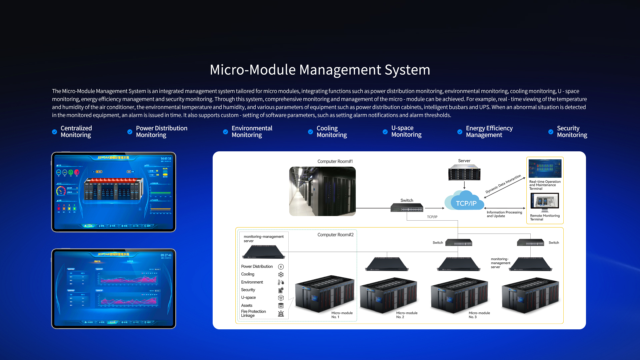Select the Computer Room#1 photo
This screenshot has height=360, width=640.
coord(322,191)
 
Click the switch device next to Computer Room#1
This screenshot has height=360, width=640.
coord(407,208)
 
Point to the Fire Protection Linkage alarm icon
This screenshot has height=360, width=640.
coord(281,313)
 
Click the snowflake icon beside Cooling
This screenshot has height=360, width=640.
coord(281,274)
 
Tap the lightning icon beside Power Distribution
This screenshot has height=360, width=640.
coord(281,267)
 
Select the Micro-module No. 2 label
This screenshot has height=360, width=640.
coord(407,315)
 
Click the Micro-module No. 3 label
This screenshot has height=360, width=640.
coord(479,315)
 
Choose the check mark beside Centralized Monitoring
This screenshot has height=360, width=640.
coord(55,132)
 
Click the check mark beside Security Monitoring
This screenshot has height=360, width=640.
coord(551,132)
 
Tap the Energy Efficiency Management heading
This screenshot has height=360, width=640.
coord(489,132)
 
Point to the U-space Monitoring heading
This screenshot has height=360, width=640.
coord(406,131)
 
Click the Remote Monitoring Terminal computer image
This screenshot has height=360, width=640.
coord(545,202)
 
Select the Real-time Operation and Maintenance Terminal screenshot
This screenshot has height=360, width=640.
coord(545,169)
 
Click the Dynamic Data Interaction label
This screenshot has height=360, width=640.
coord(503,184)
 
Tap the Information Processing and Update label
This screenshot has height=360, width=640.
coord(504,214)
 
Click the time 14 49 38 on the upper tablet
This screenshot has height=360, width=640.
coord(166,159)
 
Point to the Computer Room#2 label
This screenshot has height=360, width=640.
coord(335,235)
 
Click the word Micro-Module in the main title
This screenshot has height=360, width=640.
coord(253,70)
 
